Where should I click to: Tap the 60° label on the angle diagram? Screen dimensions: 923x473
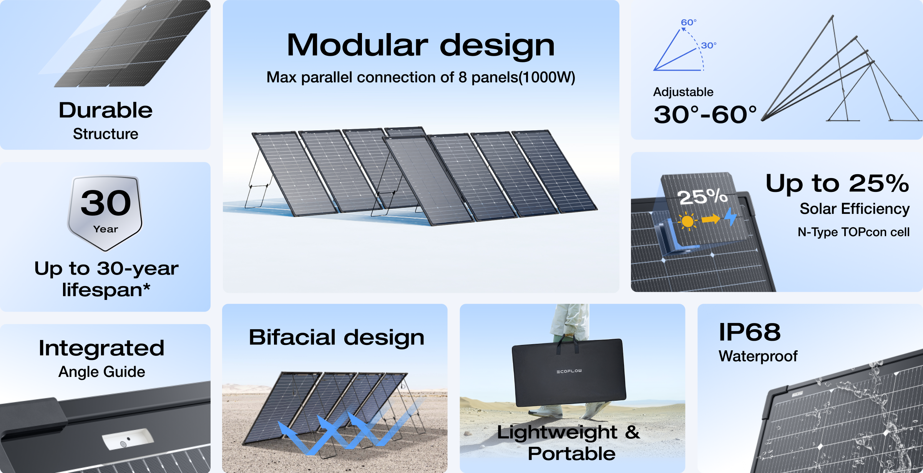tap(689, 22)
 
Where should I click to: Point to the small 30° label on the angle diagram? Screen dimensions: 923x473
tap(709, 45)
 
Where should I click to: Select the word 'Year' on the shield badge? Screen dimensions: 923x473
tap(106, 229)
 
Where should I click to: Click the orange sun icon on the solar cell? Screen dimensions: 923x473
tap(687, 221)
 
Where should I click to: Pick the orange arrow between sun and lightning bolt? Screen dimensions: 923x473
tap(711, 219)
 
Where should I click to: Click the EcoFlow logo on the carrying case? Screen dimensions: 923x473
tap(569, 371)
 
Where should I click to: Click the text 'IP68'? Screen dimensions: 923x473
tap(750, 332)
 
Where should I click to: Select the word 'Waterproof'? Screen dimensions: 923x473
tap(758, 356)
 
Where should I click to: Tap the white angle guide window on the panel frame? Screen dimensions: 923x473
tap(128, 439)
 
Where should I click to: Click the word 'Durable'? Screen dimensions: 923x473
tap(106, 110)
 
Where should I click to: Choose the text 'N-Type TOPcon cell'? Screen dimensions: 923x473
tap(853, 232)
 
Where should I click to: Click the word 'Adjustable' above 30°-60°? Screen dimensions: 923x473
tap(683, 92)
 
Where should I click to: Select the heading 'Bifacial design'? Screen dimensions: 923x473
tap(337, 338)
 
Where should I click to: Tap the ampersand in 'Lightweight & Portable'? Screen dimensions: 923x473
tap(632, 432)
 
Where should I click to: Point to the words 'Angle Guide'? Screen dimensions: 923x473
tap(102, 372)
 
